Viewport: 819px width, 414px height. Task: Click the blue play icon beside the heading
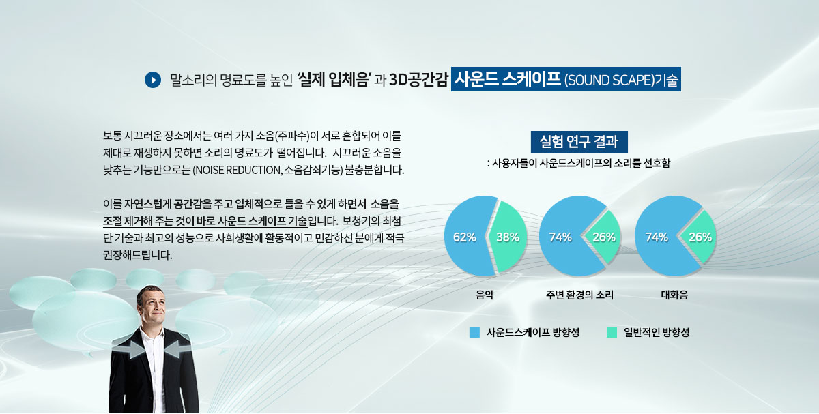coord(153,80)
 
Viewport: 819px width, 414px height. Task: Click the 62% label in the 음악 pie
coord(464,237)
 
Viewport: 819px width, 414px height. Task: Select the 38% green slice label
coord(508,237)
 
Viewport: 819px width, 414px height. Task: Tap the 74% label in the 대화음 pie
coord(657,237)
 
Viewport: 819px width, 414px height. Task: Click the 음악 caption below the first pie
coord(485,295)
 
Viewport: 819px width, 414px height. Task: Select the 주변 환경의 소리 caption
coord(580,295)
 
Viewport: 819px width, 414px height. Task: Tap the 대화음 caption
coord(674,295)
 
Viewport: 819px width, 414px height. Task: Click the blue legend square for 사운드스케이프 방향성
coord(474,333)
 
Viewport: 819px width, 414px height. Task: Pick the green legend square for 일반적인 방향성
coord(612,333)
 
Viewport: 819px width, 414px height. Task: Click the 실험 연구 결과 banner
coord(579,142)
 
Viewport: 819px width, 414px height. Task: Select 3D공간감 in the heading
coord(418,80)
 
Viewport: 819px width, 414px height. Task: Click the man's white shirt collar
coord(151,333)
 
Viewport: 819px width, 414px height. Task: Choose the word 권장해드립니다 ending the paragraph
coord(137,255)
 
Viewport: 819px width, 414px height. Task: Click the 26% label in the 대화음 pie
coord(700,237)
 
